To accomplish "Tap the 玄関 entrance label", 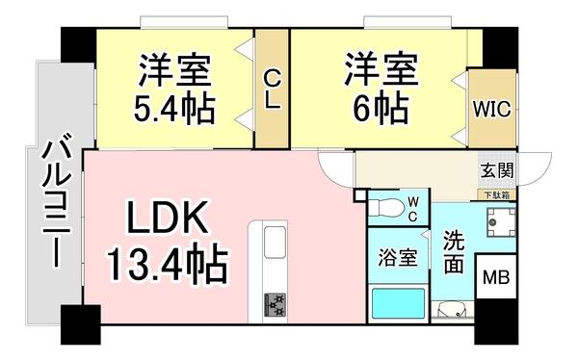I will [x=497, y=170].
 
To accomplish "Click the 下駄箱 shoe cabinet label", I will [x=497, y=194].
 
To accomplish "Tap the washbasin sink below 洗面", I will [x=451, y=310].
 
